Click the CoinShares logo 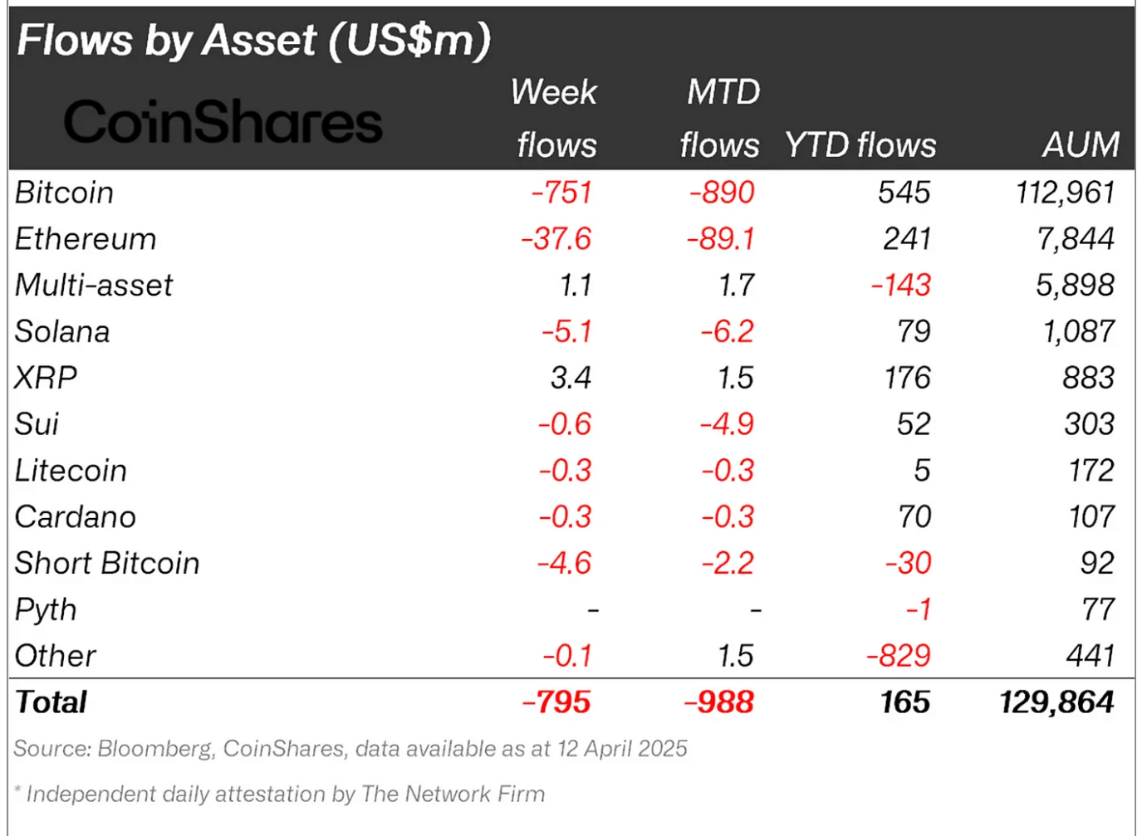pos(223,122)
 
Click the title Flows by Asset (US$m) pos(254,40)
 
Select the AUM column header pos(1081,145)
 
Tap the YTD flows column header pos(860,145)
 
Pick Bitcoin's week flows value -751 pos(561,193)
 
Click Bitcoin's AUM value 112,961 pos(1065,193)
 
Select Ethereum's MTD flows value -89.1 pos(721,239)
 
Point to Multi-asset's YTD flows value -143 pos(901,286)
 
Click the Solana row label pos(62,332)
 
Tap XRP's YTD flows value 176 pos(907,379)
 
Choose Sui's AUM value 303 pos(1089,424)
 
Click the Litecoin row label pos(71,471)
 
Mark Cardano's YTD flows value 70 pos(914,517)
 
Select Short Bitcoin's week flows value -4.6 pos(564,564)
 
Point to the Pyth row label pos(46,610)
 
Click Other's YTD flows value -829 pos(899,656)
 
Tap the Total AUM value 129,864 pos(1056,702)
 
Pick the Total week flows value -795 pos(556,702)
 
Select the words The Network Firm pos(453,794)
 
